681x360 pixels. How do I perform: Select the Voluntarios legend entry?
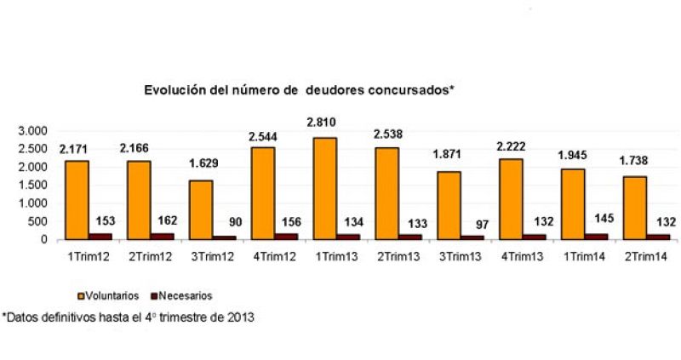[x=110, y=295]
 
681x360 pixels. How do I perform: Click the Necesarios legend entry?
[x=178, y=295]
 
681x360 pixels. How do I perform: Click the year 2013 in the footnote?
[x=240, y=317]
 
